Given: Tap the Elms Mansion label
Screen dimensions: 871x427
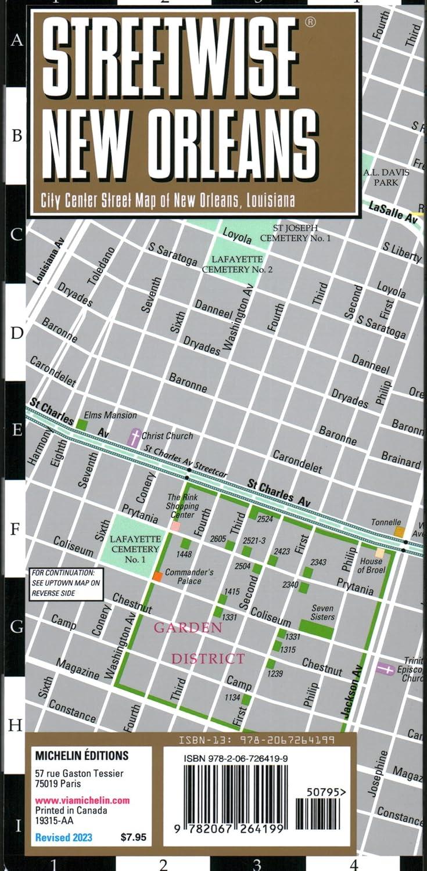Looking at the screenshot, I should (x=110, y=415).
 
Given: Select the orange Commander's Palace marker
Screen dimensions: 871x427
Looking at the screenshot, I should (x=157, y=576).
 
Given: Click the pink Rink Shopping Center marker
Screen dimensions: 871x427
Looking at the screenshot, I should (x=175, y=526).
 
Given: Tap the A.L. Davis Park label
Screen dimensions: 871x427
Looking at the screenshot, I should (x=386, y=177).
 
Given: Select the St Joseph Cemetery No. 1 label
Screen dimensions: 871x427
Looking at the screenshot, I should (x=295, y=233).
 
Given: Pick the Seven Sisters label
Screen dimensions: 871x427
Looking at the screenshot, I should (x=322, y=613).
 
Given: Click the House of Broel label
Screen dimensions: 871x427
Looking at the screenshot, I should (x=371, y=566).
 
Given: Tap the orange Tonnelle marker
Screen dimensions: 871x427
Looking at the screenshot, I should (x=399, y=531).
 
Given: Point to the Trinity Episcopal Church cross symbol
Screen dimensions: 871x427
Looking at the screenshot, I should (x=385, y=669).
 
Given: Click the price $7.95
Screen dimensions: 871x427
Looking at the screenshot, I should (x=134, y=837).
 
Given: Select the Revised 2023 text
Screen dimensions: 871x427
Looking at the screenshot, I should (x=63, y=837).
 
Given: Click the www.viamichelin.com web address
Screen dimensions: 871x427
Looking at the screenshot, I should (x=82, y=800).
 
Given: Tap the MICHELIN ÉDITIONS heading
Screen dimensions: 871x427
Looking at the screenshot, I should (x=81, y=755).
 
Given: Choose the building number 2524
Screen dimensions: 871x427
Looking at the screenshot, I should (x=265, y=519).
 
